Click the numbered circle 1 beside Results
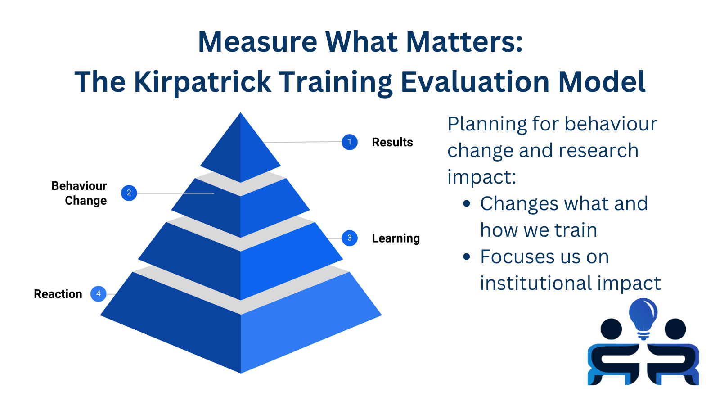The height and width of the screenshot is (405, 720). pos(349,142)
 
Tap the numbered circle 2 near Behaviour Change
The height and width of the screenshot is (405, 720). pos(129,193)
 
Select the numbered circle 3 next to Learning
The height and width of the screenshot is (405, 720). pos(349,238)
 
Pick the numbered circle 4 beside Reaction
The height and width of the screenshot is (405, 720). pos(98,294)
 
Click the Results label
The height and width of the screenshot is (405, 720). pos(392,142)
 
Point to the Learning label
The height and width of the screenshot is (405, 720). pos(396,238)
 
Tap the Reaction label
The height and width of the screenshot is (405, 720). pos(58,294)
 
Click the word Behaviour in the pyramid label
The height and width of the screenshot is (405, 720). pos(79,186)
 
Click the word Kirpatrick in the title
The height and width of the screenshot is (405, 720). pos(202,82)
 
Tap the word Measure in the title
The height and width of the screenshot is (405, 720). pos(257,42)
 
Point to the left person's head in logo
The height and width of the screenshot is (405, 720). pos(611,329)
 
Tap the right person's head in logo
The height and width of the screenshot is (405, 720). pos(675,329)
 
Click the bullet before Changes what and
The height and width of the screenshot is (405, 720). pos(467,204)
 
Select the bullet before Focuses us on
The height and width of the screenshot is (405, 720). pos(467,257)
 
